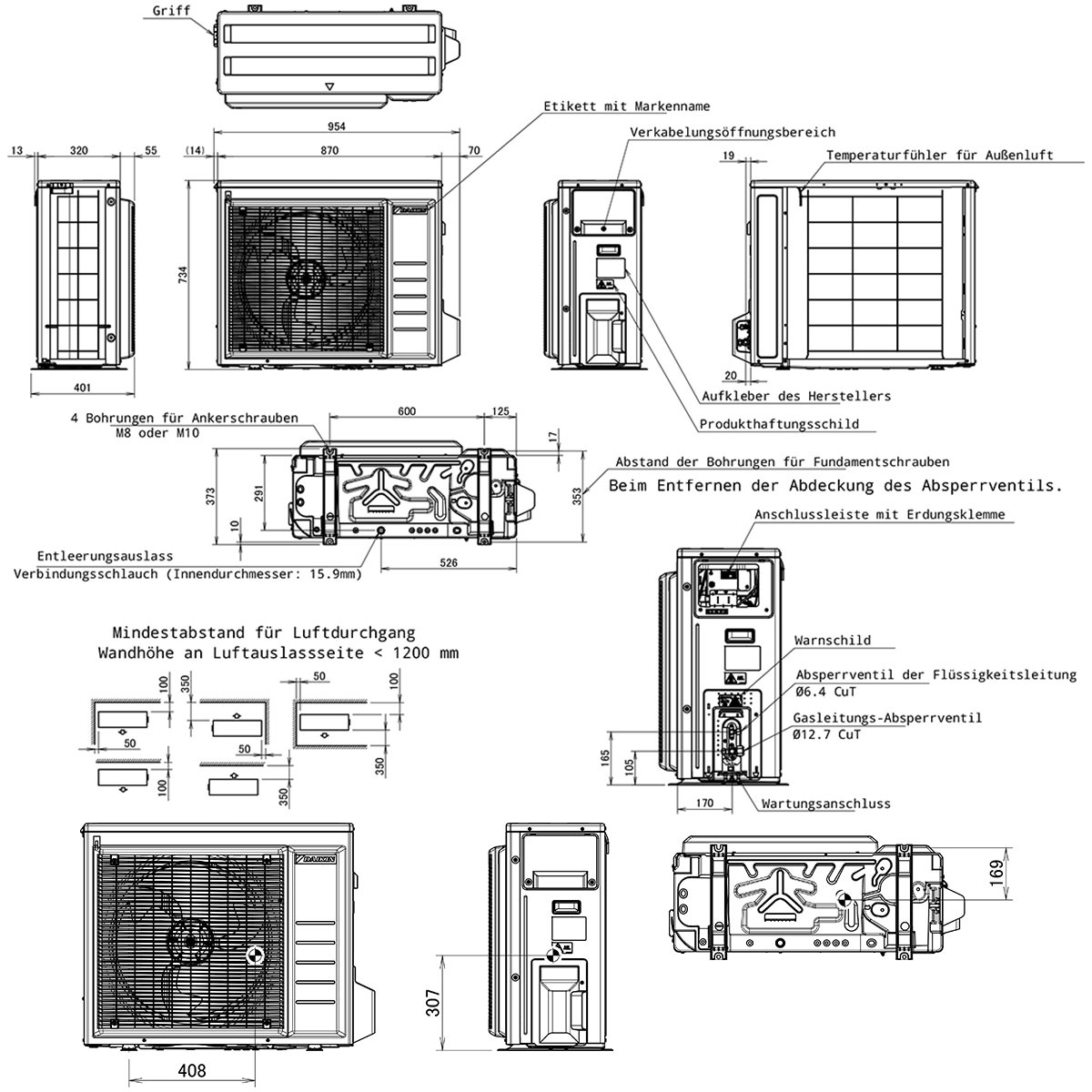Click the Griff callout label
click(x=171, y=11)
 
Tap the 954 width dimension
click(x=337, y=126)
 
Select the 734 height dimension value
click(x=183, y=275)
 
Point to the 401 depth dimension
click(x=82, y=388)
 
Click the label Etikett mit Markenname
click(x=627, y=106)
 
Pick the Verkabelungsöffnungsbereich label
click(x=733, y=132)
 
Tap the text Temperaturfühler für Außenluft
click(x=939, y=155)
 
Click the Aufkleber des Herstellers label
click(x=796, y=396)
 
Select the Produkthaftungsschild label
click(x=779, y=424)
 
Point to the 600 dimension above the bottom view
click(x=407, y=411)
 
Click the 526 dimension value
click(x=449, y=562)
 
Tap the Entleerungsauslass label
click(x=105, y=556)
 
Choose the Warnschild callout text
click(x=833, y=641)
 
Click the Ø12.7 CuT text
click(x=827, y=734)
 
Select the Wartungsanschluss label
click(x=825, y=804)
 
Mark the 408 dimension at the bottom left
click(x=191, y=1070)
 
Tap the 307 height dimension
click(x=433, y=1003)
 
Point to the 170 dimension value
click(x=704, y=803)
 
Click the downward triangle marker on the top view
click(x=329, y=86)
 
